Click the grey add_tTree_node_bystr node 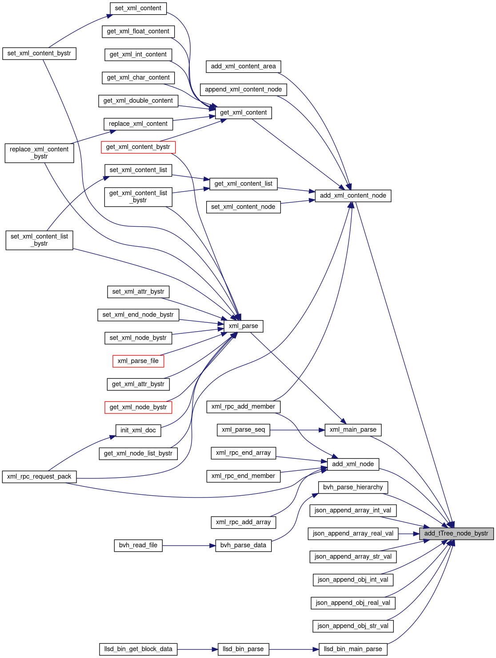pos(456,534)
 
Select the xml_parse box pos(243,326)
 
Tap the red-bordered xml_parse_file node pos(138,361)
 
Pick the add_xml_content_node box pos(353,196)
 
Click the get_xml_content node pos(243,112)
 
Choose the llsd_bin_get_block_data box pos(138,649)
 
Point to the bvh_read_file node pos(138,545)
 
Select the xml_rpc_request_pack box pos(39,477)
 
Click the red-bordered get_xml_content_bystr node pos(138,147)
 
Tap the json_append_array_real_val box pos(353,534)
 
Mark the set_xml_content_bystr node pos(39,53)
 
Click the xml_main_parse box pos(353,429)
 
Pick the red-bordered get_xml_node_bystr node pos(138,407)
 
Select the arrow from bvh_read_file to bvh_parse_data pos(189,546)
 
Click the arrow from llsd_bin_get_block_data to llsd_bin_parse pos(198,650)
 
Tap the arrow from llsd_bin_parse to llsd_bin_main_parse pos(294,650)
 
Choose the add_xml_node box pos(353,464)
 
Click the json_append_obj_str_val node pos(353,626)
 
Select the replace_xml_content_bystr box pos(39,153)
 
